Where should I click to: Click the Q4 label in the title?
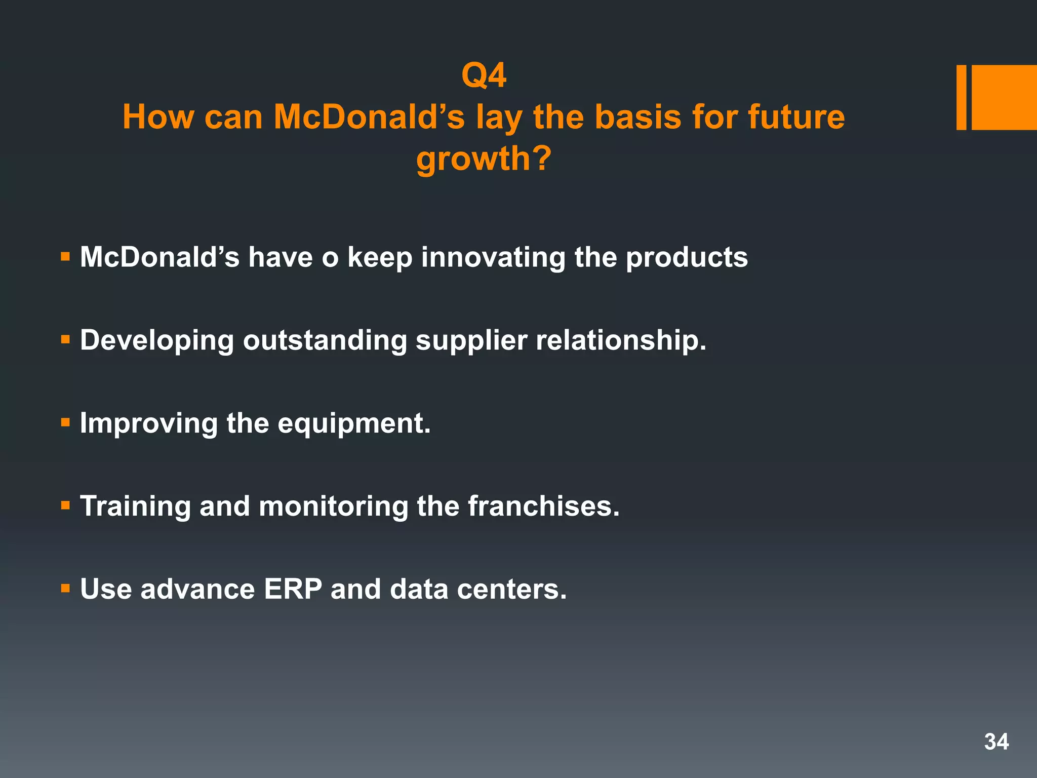pos(484,76)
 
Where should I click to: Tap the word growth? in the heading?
pos(484,159)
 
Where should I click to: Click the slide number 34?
pos(996,742)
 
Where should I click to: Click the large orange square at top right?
pos(1004,97)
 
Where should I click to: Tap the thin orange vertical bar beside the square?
pos(961,97)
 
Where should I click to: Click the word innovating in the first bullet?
pos(493,257)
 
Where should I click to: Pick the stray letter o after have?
pos(330,258)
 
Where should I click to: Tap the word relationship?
pos(621,340)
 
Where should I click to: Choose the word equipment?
pos(354,424)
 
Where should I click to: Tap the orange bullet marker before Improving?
pos(65,422)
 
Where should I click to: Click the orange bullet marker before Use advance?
pos(65,588)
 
